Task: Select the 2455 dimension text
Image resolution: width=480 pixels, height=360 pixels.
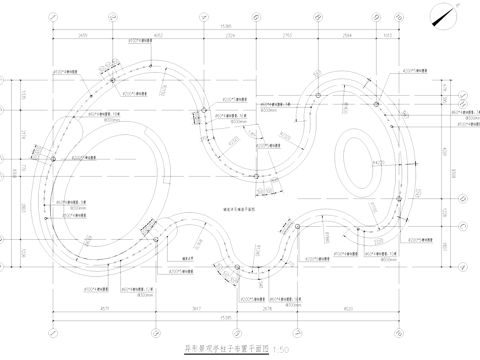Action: pyautogui.click(x=81, y=38)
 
